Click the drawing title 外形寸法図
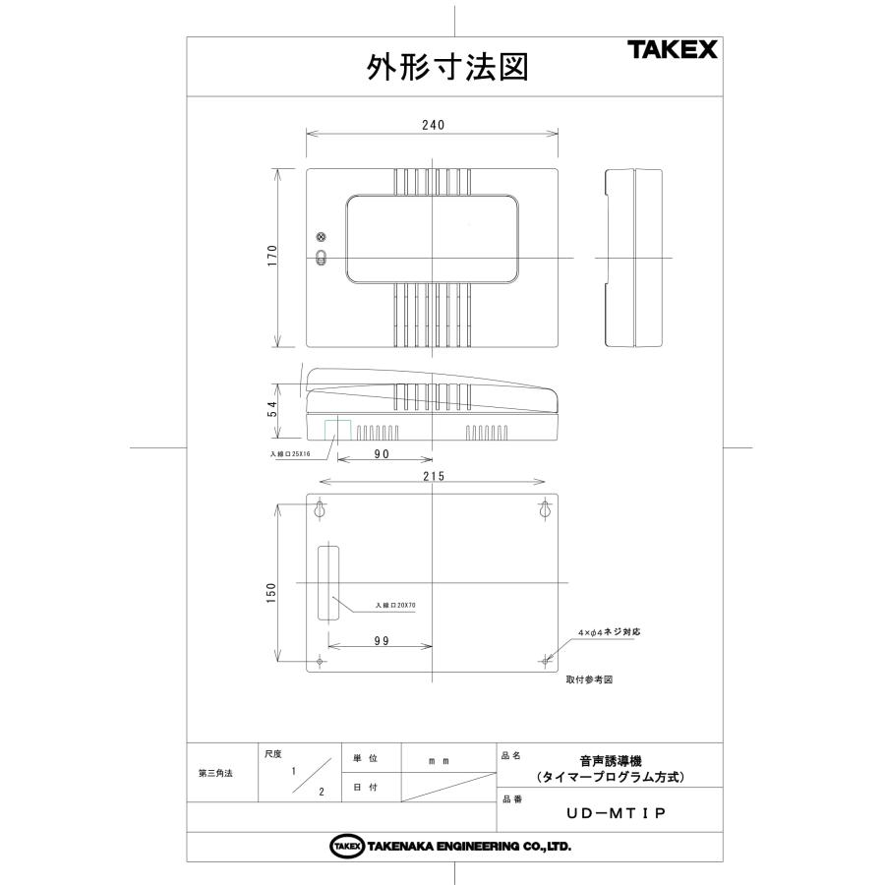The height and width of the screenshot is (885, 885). [447, 68]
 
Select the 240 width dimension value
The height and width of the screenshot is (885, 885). [434, 126]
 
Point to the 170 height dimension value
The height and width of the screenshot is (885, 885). [272, 256]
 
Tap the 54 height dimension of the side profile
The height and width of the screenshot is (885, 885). [272, 406]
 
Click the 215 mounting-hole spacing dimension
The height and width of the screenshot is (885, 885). [434, 476]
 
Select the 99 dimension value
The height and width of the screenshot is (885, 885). [383, 640]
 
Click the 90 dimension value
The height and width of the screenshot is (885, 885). [383, 453]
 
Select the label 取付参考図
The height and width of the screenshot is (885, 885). [589, 679]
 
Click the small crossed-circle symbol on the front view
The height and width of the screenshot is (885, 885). [321, 238]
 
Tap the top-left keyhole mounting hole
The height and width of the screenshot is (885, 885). [321, 509]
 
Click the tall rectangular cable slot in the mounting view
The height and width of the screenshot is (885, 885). [327, 582]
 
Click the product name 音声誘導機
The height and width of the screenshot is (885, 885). [610, 761]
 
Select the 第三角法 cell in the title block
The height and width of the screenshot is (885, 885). [215, 773]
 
